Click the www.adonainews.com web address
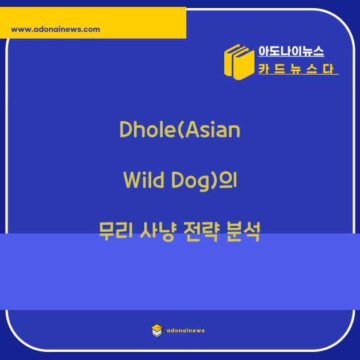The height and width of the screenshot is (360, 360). (56, 29)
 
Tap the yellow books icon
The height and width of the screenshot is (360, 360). (239, 62)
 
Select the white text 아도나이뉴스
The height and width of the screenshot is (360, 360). (291, 51)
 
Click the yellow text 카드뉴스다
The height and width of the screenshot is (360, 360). (296, 69)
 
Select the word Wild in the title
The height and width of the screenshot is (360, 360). (144, 180)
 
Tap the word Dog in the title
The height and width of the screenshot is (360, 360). (191, 181)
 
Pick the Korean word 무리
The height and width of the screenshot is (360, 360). (116, 231)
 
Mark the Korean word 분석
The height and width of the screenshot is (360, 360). (243, 231)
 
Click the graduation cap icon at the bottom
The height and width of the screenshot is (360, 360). (157, 330)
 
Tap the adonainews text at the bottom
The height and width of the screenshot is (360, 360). (186, 330)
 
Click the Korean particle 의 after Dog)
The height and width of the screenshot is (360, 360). (228, 180)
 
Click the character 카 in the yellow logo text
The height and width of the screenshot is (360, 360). (265, 69)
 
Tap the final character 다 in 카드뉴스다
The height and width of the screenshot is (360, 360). (328, 69)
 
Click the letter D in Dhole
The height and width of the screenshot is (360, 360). (126, 129)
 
